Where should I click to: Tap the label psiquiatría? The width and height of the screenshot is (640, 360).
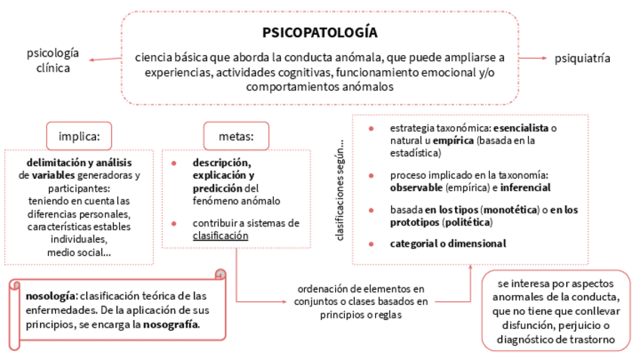tap(582, 58)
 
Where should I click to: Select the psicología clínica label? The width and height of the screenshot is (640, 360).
tap(52, 60)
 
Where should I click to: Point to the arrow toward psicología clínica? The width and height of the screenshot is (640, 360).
tap(102, 60)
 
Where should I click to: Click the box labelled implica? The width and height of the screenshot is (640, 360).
tap(78, 137)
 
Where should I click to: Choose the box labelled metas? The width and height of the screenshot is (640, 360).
tap(236, 137)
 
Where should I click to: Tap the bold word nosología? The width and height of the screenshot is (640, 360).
tap(50, 295)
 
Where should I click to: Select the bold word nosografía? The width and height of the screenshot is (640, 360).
tap(176, 324)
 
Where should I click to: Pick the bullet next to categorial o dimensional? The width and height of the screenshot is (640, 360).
tap(371, 243)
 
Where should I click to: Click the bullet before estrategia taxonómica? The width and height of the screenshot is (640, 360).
tap(371, 128)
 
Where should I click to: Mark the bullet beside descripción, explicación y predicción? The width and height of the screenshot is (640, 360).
tap(174, 162)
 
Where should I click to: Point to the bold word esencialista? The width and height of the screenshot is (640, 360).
tap(521, 128)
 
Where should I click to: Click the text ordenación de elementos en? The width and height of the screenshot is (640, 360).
tap(361, 288)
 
